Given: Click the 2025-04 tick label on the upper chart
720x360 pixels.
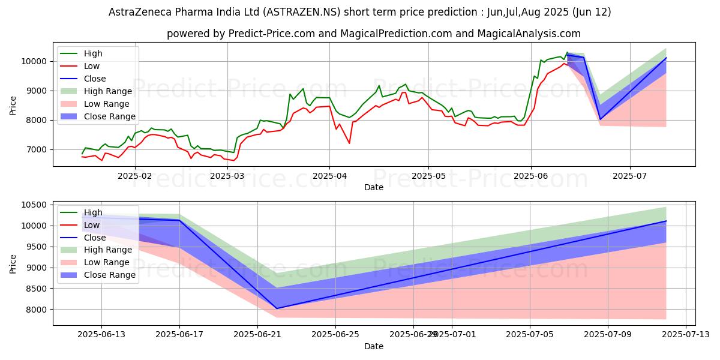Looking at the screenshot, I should point(329,176).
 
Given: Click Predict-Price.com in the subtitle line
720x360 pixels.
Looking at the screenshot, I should point(268,34).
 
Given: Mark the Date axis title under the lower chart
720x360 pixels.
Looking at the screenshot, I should point(373,346).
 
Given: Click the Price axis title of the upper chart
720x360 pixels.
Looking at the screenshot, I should point(13,105).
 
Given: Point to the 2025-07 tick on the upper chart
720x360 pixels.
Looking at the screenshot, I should point(630,176).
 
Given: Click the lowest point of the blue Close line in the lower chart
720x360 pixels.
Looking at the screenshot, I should point(277,308).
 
